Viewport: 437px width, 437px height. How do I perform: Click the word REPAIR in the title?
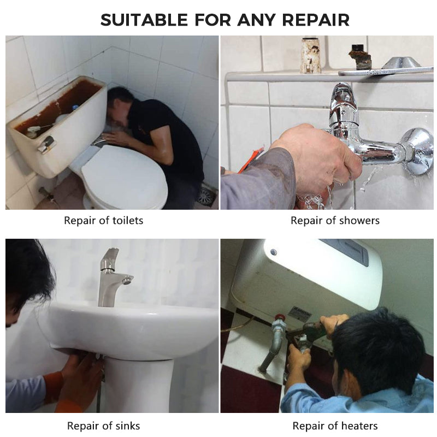[316, 20]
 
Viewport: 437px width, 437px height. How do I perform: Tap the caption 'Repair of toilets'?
[104, 221]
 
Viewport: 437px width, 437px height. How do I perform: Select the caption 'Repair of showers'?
[335, 221]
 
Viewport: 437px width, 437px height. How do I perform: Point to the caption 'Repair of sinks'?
[104, 426]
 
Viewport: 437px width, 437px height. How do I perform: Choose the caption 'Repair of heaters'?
[335, 426]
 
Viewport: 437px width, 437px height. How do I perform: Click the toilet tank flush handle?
[46, 144]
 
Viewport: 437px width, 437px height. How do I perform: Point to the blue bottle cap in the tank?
[74, 108]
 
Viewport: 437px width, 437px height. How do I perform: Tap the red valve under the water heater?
[280, 318]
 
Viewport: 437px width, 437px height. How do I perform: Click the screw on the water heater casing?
[274, 252]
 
